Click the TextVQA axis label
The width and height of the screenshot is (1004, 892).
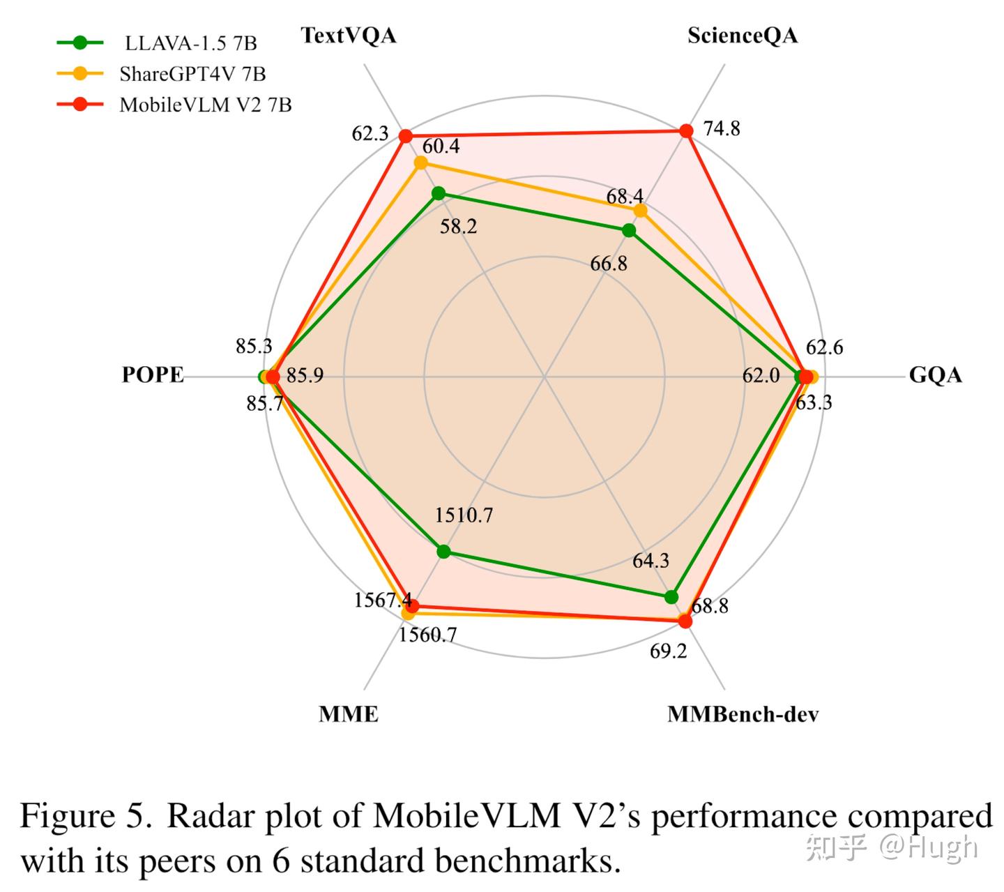349,36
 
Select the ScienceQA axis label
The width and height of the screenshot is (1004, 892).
742,36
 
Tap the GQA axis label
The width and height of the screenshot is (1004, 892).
934,375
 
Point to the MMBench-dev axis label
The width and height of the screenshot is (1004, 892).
743,714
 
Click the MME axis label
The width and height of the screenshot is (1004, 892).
349,714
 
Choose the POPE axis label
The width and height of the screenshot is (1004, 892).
153,375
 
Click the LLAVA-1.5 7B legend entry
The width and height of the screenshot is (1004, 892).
157,43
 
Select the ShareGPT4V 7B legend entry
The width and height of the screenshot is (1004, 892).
162,74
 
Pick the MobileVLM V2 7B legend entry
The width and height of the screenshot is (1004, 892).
174,105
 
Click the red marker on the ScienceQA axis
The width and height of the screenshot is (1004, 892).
686,131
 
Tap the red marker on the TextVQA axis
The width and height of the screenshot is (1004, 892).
405,135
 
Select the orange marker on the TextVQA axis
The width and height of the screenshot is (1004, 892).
420,162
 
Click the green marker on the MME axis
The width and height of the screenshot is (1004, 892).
444,552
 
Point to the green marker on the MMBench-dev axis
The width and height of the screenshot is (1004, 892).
671,597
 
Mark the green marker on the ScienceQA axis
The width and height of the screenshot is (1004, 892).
629,231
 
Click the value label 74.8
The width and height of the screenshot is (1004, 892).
722,129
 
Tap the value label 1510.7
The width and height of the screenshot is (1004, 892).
464,515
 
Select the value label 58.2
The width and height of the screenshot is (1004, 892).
458,227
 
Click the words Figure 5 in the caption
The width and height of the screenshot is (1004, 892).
86,816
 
